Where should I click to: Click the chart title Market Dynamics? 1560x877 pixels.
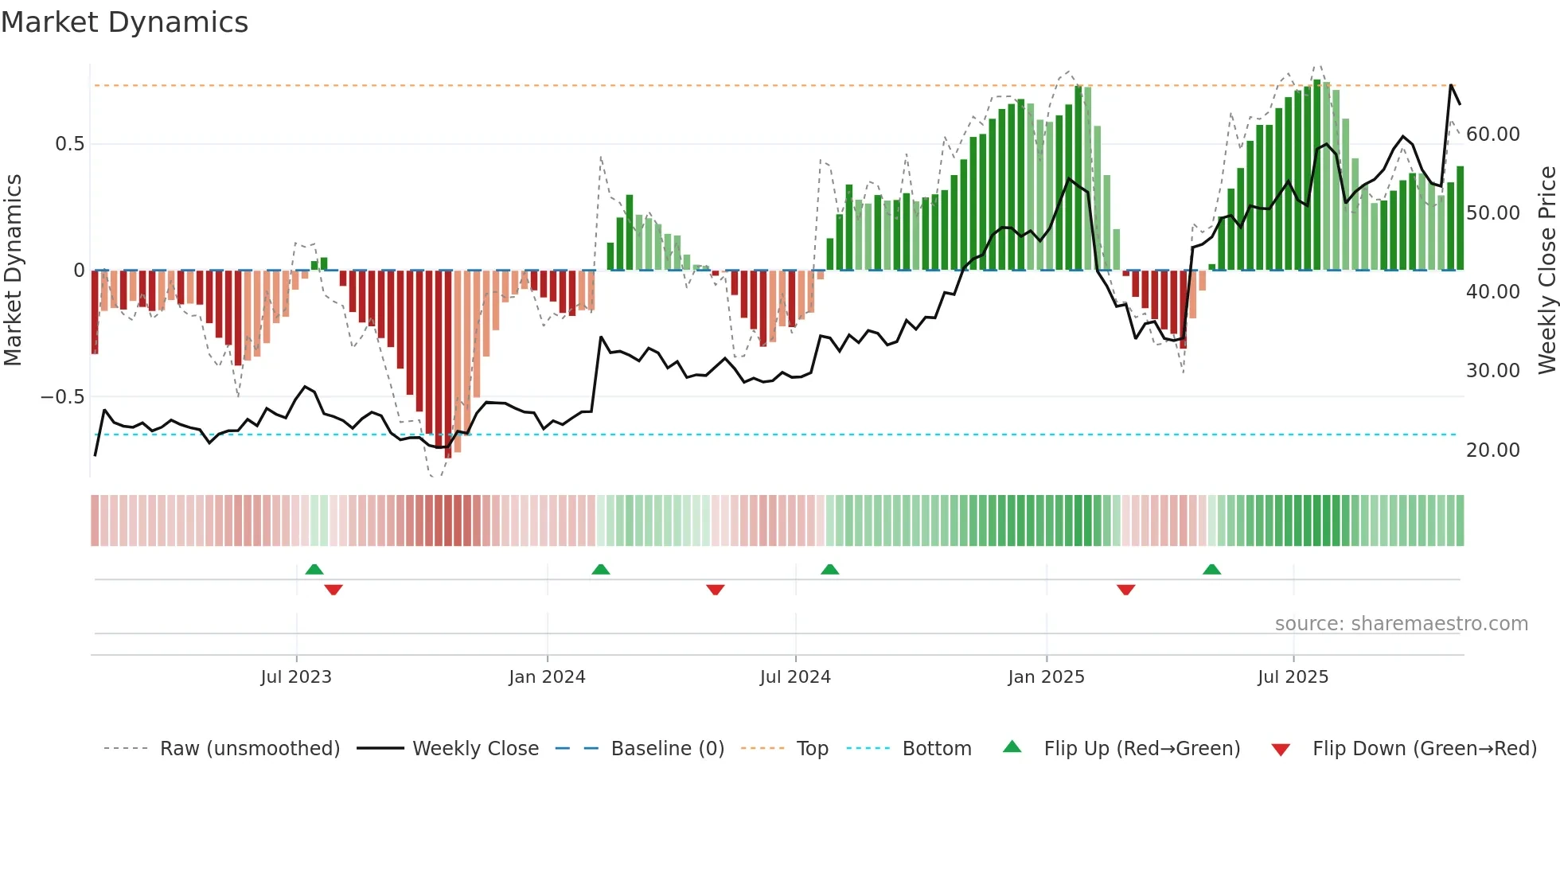click(x=125, y=22)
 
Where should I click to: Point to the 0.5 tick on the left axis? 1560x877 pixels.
click(x=69, y=144)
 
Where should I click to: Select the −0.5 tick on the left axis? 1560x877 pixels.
click(x=63, y=397)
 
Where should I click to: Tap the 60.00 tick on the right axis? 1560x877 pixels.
click(x=1492, y=134)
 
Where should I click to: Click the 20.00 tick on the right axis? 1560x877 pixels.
click(x=1492, y=450)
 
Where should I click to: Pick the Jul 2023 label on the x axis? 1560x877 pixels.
click(x=296, y=677)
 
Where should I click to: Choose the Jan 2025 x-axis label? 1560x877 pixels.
click(x=1046, y=677)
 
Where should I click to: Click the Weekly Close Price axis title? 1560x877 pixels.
click(x=1546, y=271)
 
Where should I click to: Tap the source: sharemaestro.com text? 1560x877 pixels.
click(x=1401, y=624)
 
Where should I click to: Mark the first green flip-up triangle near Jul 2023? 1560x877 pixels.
click(x=314, y=570)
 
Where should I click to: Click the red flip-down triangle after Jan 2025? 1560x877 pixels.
click(x=1125, y=589)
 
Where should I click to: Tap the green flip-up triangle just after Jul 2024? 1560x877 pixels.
click(x=829, y=570)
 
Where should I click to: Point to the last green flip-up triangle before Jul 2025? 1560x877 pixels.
click(x=1211, y=570)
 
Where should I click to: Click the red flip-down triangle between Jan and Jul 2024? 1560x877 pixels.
click(x=715, y=589)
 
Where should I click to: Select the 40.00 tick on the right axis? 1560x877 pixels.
click(x=1492, y=292)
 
